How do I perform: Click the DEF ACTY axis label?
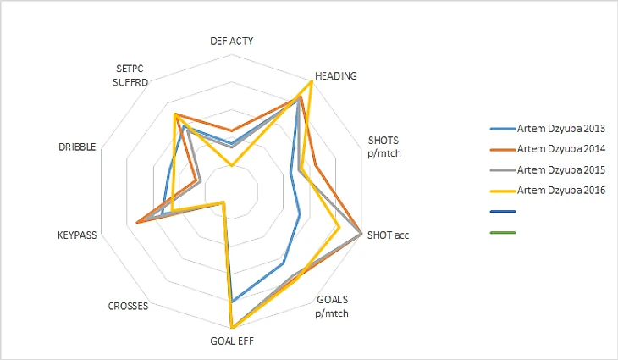(231, 41)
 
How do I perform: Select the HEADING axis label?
(335, 75)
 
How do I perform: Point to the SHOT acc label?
(389, 235)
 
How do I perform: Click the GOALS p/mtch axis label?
(332, 306)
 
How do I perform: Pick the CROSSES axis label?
(129, 306)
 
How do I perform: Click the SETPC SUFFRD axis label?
(131, 75)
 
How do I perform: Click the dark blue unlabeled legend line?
(503, 209)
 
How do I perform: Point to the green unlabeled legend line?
(503, 230)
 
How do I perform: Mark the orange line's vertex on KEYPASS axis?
(135, 223)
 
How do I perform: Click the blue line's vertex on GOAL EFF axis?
(231, 302)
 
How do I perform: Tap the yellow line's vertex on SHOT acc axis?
(339, 227)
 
